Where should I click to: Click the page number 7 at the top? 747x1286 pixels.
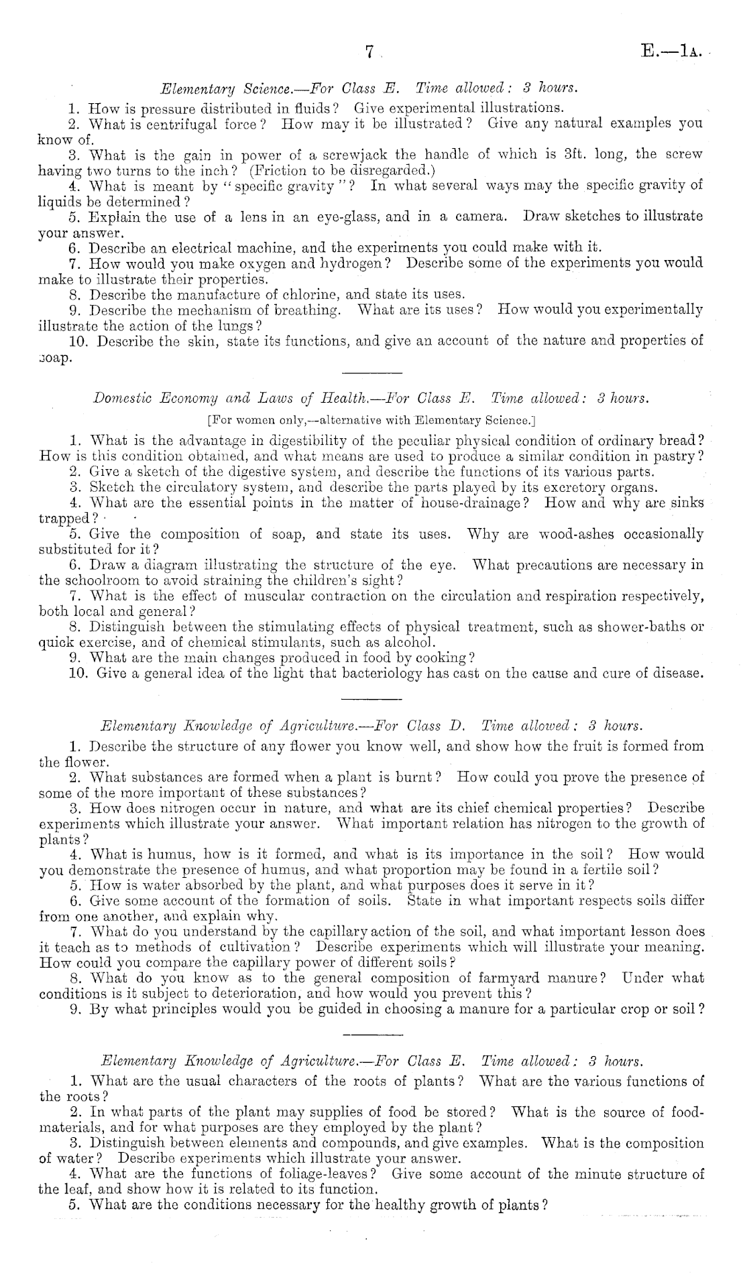tap(369, 54)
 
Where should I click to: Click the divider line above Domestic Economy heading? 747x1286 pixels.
tap(371, 373)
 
